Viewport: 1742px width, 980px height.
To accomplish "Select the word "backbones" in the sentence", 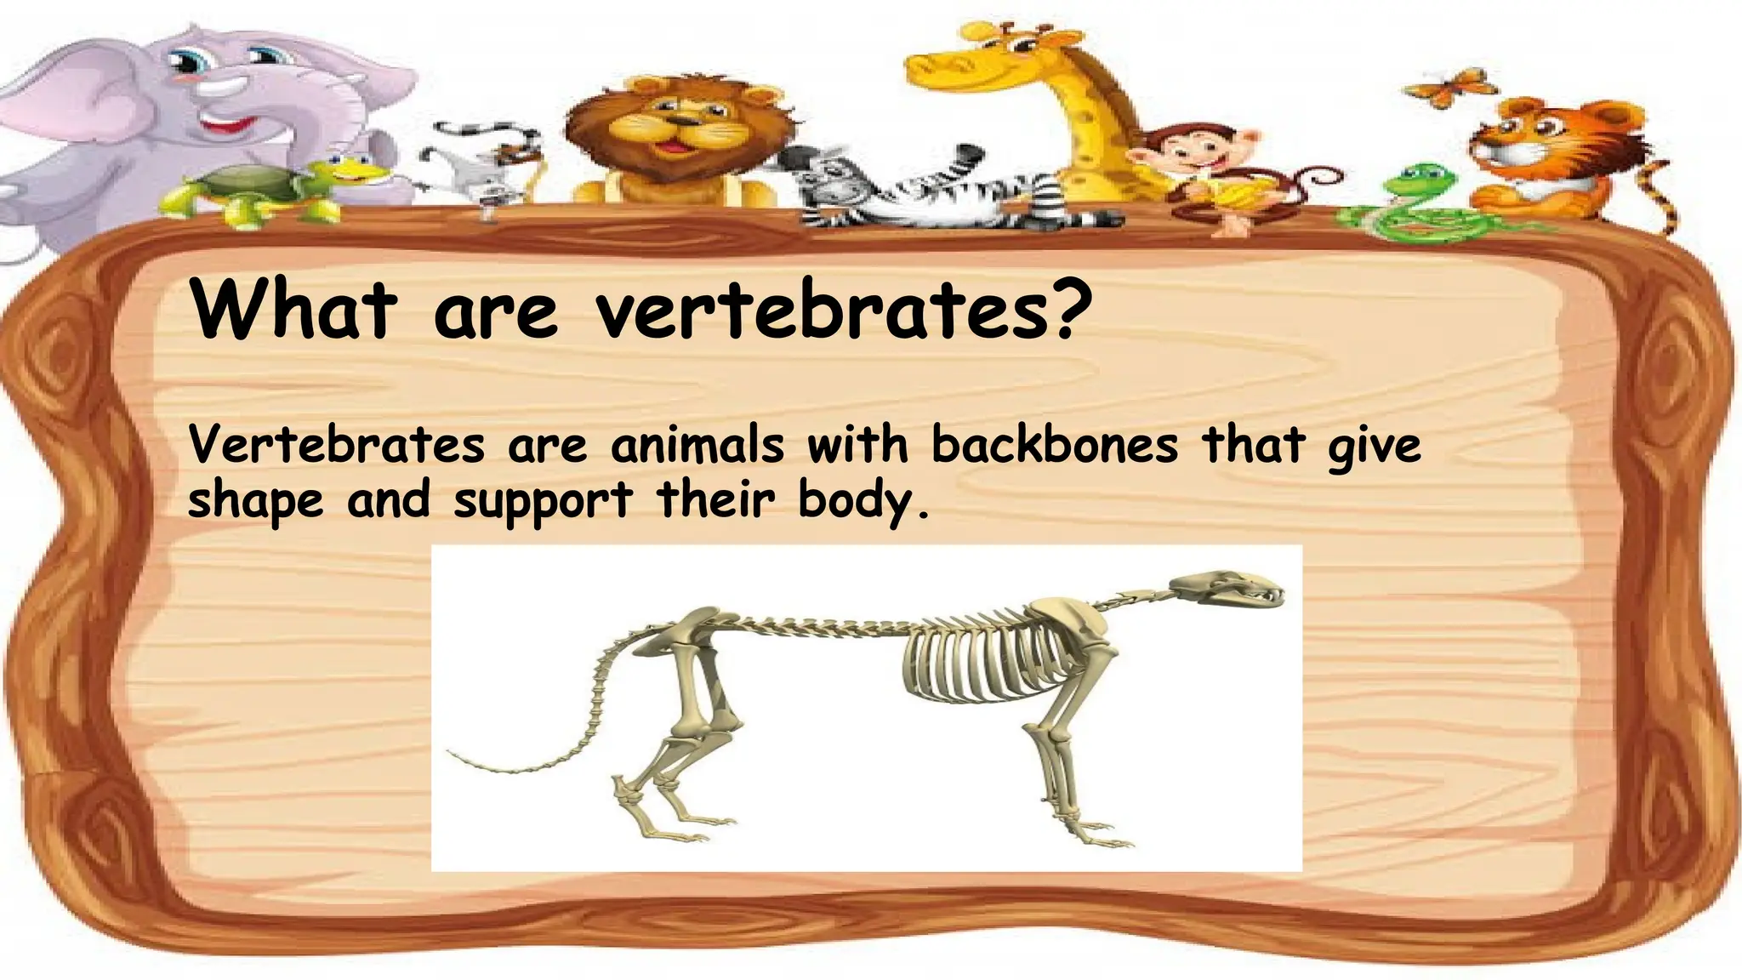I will coord(1055,445).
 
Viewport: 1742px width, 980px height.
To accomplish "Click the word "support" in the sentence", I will coord(543,501).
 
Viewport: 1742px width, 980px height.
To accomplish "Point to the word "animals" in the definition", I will coord(697,445).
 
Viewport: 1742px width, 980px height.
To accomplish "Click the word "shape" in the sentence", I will coord(255,501).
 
